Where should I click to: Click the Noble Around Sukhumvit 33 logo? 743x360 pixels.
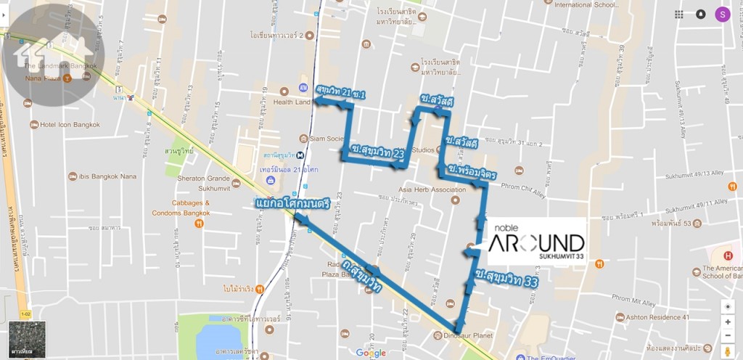(536, 241)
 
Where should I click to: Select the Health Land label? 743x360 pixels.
(292, 102)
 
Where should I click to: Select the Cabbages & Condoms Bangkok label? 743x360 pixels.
(181, 208)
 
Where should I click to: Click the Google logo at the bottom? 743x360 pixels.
(371, 353)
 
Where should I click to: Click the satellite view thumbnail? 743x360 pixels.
(27, 339)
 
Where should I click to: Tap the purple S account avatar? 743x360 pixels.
(722, 14)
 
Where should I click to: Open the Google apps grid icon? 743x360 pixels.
(678, 14)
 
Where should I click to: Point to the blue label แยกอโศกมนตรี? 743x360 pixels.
(292, 205)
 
